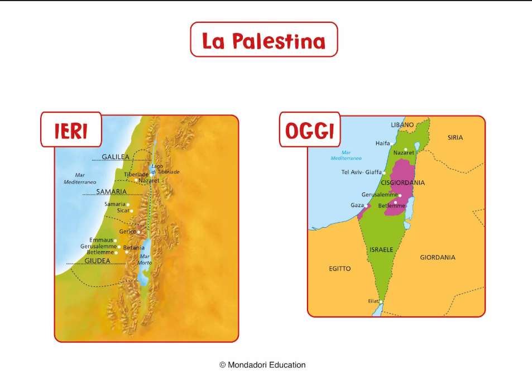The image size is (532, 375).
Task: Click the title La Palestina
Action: [263, 40]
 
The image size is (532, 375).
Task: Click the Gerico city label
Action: [128, 232]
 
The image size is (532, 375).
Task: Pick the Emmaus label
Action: [101, 240]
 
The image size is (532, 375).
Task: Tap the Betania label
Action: [134, 247]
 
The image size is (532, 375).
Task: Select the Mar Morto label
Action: [145, 259]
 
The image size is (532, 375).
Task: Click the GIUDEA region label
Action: [98, 260]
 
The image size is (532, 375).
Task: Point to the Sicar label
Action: [123, 210]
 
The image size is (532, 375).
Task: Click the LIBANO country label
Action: [402, 124]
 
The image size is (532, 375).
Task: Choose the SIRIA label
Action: [455, 137]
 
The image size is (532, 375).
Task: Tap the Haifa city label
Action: [383, 143]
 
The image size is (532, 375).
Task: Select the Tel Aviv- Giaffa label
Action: [361, 172]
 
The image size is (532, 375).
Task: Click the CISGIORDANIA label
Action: [402, 182]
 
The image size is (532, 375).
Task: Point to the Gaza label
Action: [357, 205]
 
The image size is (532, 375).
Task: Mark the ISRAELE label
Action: [381, 249]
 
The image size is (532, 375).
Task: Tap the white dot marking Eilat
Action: [381, 302]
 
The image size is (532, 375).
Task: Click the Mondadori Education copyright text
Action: [262, 365]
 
